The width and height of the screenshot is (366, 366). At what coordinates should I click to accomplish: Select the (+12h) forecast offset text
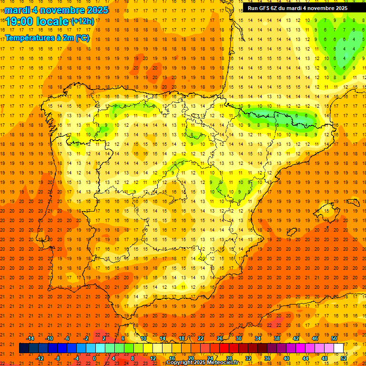click(x=82, y=21)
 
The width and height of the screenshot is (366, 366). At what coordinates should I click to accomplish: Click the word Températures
click(x=31, y=38)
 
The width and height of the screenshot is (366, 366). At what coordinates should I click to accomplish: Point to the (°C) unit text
click(x=82, y=38)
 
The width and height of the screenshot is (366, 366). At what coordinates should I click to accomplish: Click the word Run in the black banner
click(x=253, y=8)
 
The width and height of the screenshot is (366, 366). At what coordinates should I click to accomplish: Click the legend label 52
click(x=344, y=358)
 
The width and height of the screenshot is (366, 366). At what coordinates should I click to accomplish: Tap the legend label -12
click(x=40, y=358)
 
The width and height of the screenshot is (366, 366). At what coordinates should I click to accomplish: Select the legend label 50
click(x=334, y=338)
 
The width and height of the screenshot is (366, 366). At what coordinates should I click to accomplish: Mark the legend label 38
click(x=277, y=338)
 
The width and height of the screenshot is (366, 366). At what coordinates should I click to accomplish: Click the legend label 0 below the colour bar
click(x=94, y=358)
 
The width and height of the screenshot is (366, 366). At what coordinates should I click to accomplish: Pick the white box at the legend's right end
click(x=338, y=348)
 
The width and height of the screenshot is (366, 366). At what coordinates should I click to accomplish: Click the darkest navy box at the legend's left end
click(x=24, y=348)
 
